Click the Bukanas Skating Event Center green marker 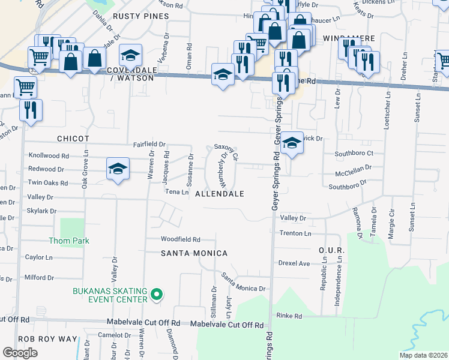point(156,294)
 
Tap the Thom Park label point(69,241)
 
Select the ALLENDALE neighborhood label point(220,194)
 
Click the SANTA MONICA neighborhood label point(194,253)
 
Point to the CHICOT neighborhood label point(73,139)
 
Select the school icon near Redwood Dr point(118,169)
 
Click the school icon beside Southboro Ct point(291,143)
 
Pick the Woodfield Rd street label point(180,239)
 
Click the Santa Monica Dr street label point(243,283)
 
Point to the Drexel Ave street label point(294,263)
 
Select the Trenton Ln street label point(295,233)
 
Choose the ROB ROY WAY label point(48,339)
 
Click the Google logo point(20,353)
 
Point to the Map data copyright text point(422,355)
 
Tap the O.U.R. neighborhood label point(331,250)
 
